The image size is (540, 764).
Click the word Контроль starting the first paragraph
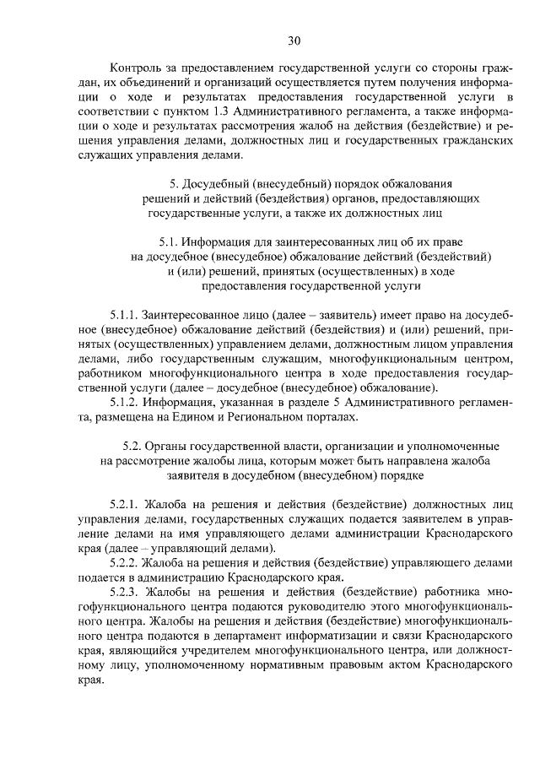(x=138, y=68)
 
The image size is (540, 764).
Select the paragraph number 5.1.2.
(x=124, y=403)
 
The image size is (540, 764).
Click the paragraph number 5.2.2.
(x=125, y=561)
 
